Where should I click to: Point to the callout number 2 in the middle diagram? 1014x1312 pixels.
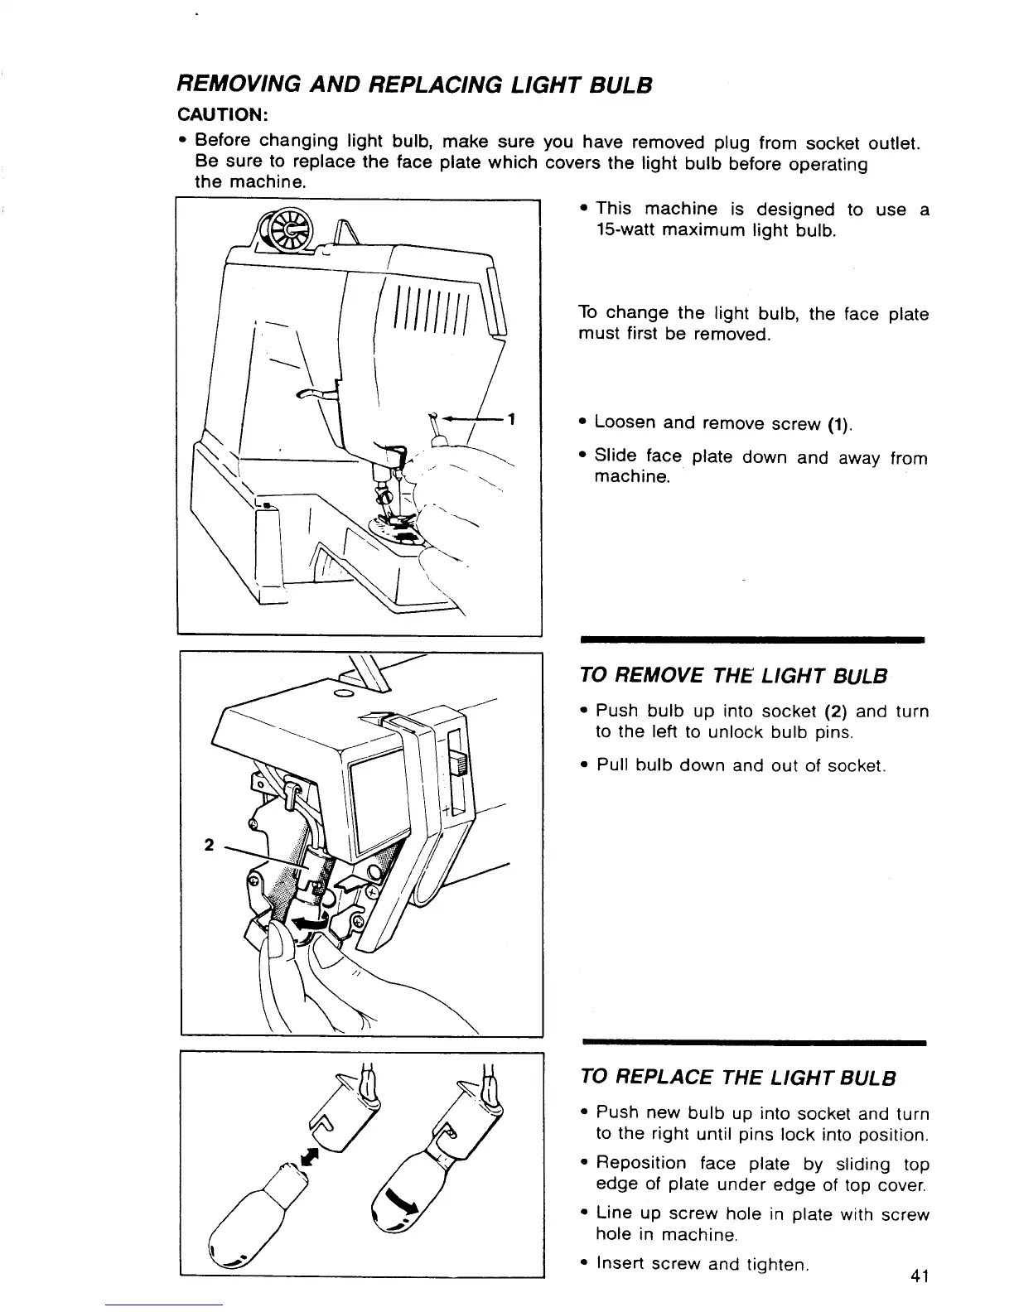point(209,845)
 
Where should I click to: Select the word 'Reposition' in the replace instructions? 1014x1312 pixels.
point(640,1164)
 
